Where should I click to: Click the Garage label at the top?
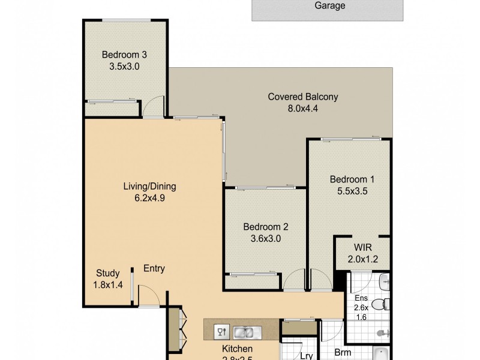coord(330,6)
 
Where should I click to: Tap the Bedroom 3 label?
coord(124,55)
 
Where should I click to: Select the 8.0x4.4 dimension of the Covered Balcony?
coord(303,109)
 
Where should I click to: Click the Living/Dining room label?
coord(149,186)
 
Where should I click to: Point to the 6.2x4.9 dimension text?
coord(149,198)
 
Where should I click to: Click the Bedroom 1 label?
coord(347,179)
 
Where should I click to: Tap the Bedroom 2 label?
coord(266,227)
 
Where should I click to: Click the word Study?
coord(108,273)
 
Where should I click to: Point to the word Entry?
coord(154,269)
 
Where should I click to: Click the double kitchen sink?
coord(243,331)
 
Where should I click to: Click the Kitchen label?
coord(238,349)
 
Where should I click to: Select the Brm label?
coord(343,353)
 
